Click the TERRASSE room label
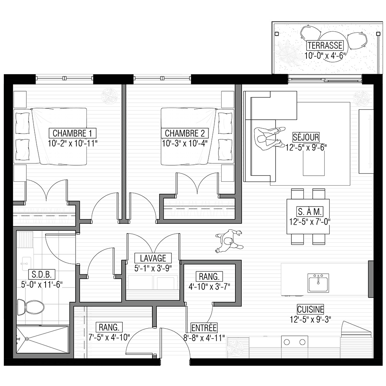point(325,46)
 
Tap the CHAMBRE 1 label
point(73,133)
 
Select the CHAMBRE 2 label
point(185,133)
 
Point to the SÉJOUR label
point(306,137)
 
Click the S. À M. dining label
point(310,212)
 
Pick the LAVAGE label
point(153,258)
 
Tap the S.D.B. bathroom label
point(42,274)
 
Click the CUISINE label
point(310,309)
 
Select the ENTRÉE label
point(204,328)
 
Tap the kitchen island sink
point(318,283)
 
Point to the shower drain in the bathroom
point(27,339)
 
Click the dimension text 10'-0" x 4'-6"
point(325,56)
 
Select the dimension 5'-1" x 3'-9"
point(153,268)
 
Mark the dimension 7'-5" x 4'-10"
point(109,337)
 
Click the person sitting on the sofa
point(269,139)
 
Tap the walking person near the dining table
point(229,241)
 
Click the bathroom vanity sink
point(25,264)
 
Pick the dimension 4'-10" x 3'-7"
point(209,287)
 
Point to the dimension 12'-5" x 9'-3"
point(310,319)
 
